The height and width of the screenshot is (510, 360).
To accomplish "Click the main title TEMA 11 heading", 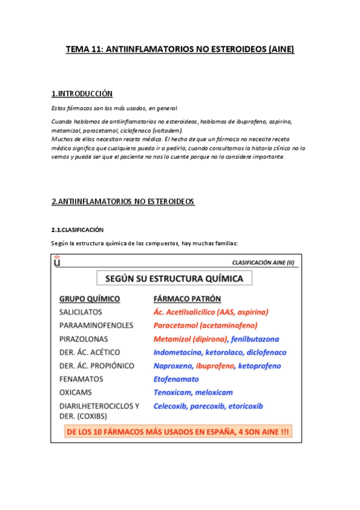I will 180,50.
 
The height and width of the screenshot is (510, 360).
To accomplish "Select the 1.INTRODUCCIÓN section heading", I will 82,94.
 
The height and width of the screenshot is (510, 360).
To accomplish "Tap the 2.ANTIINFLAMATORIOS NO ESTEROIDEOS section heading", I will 123,201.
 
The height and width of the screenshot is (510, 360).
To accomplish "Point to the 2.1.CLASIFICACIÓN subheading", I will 78,230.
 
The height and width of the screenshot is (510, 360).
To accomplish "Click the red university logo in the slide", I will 57,262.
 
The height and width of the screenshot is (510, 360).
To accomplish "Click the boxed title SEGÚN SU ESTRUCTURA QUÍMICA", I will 174,278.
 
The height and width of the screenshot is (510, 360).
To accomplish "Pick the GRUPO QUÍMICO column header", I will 89,299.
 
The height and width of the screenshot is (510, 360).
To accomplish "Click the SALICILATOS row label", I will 81,312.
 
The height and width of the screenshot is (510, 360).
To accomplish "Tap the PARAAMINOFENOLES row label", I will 96,325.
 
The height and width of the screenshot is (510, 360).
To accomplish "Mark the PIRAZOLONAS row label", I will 83,339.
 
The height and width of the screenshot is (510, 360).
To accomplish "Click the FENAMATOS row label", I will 81,379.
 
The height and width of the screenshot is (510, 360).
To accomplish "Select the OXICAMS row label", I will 76,392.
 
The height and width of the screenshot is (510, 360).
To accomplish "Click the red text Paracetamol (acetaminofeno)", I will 205,325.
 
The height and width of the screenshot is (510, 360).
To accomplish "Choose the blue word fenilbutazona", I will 252,339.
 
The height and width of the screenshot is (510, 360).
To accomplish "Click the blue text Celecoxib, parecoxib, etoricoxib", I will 208,406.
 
